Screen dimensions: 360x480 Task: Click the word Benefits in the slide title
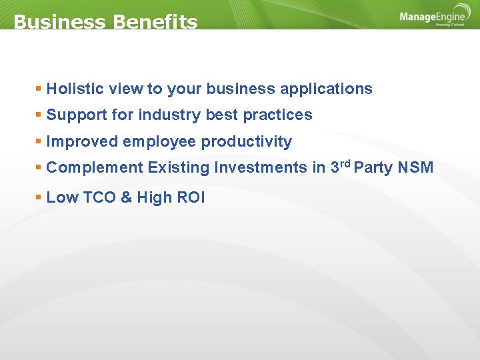point(155,22)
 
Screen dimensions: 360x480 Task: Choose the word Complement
point(95,167)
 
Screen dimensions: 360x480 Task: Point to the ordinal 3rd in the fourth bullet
point(339,166)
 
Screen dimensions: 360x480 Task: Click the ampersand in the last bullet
point(127,197)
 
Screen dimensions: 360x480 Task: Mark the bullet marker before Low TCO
point(39,197)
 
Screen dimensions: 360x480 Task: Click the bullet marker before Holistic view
point(39,89)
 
